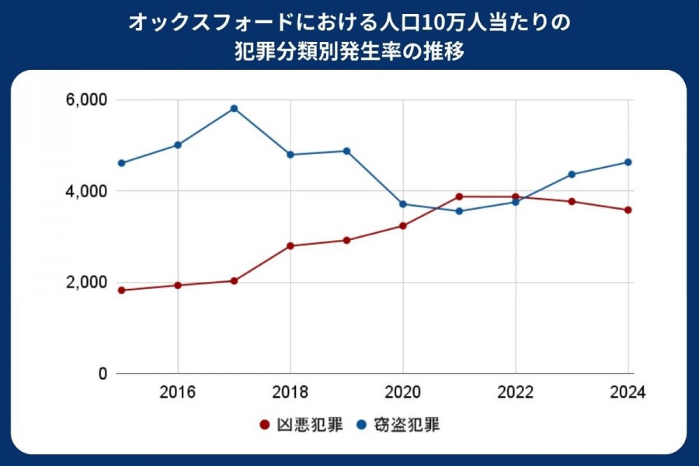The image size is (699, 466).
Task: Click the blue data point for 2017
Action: coord(234,109)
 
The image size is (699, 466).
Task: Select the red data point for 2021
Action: coord(459,196)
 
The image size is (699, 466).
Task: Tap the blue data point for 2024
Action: coord(628,162)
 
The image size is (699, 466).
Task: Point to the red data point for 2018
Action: coord(290,245)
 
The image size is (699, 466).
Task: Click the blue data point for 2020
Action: coord(403,204)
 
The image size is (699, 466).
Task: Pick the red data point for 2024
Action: coord(628,210)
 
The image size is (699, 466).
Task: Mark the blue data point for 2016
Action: coord(178,145)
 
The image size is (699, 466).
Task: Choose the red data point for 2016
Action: coord(178,285)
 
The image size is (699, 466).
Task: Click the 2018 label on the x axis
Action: coord(290,392)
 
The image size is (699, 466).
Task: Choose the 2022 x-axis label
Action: coord(515,392)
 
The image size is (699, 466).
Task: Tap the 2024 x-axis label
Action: coord(628,392)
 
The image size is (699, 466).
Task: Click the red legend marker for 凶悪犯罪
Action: coord(263,425)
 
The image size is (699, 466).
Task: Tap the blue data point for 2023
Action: coord(572,174)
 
